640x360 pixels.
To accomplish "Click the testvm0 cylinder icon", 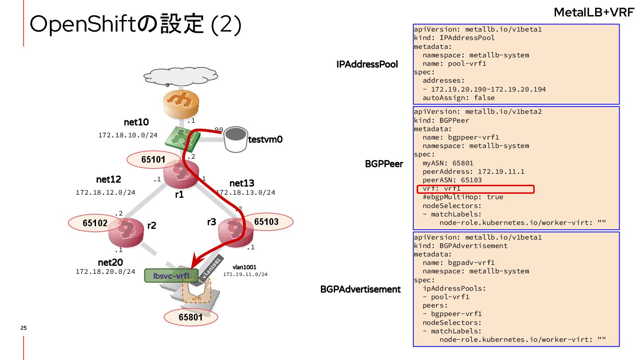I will (x=235, y=139).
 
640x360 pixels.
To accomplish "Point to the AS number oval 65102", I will (x=95, y=223).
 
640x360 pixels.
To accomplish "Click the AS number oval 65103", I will (x=266, y=222).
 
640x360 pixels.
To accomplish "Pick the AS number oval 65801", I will (x=191, y=317).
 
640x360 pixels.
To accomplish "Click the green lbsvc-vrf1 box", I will (x=171, y=276).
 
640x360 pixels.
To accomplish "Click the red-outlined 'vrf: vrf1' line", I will (x=475, y=189).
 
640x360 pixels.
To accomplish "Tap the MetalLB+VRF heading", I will (x=593, y=13).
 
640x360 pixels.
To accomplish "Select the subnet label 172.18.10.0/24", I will (x=128, y=135).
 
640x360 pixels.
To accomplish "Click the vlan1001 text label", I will (x=244, y=267).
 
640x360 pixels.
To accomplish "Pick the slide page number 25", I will (x=24, y=328).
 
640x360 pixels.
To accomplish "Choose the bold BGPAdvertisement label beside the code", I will (x=360, y=289).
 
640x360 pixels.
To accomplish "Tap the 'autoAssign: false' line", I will (x=458, y=98).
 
